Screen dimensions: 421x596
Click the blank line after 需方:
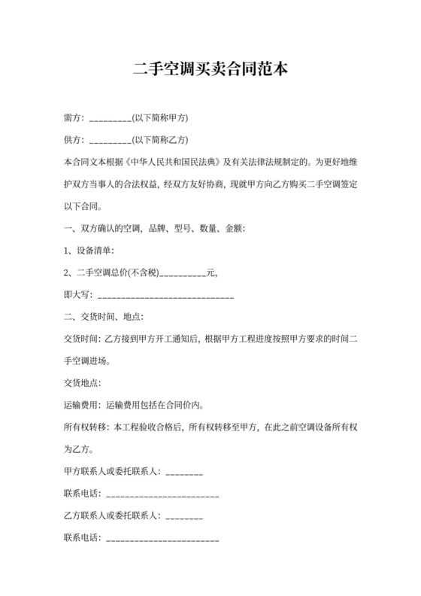[111, 119]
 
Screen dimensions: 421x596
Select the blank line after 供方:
[111, 140]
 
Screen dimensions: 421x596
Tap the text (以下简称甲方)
[159, 118]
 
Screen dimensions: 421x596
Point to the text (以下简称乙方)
[159, 139]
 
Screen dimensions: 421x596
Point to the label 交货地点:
[82, 383]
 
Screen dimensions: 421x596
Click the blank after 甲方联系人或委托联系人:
[183, 473]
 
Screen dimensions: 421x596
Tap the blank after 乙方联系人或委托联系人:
[183, 517]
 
